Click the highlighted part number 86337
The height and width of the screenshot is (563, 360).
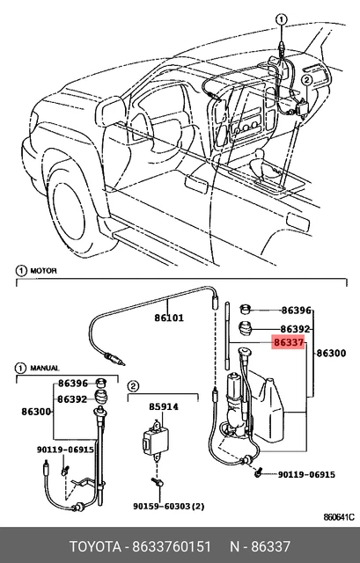point(289,342)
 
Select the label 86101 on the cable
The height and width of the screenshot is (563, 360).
point(169,318)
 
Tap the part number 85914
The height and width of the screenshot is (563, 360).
point(164,406)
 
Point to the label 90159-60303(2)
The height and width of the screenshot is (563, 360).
point(168,507)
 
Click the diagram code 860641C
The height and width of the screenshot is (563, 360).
point(339,517)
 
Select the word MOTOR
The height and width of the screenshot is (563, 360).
point(43,271)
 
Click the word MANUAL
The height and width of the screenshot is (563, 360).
point(45,369)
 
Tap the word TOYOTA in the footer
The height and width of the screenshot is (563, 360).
point(95,547)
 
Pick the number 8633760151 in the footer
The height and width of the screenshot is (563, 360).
point(172,547)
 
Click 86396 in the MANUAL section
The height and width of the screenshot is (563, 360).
point(73,384)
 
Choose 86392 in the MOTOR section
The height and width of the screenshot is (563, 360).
point(295,329)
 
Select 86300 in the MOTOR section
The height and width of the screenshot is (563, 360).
point(331,354)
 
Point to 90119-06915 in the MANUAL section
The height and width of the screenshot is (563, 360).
point(65,450)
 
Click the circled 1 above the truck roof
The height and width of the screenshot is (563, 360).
point(282,19)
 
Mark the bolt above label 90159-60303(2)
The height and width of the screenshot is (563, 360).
point(158,481)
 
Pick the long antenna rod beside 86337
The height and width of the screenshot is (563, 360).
point(227,336)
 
